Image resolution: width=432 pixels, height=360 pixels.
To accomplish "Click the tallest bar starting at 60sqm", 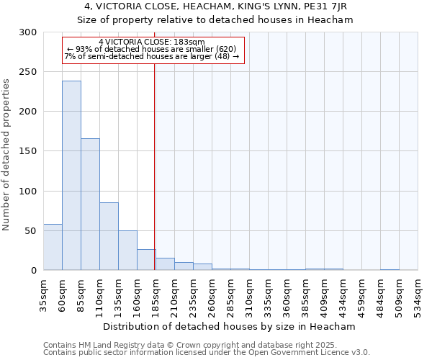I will coord(71,175).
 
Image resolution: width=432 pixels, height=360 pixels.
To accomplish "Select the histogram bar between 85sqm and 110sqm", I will coord(90,204).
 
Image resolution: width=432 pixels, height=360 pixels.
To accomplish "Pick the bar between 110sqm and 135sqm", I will coord(109,236).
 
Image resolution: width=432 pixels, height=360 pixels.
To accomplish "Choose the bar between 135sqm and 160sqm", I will coord(127,250).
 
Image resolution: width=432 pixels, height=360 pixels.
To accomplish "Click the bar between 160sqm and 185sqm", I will coord(146,259).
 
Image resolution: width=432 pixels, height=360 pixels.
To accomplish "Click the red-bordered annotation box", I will coord(153,50).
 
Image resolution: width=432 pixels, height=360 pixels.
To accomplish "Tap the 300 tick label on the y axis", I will coord(27,32).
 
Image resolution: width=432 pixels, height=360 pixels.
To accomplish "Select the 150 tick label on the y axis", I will coord(27,151).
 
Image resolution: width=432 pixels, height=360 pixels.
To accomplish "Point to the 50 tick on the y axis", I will coord(30,231).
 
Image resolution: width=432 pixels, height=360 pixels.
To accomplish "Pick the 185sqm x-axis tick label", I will coord(156,293).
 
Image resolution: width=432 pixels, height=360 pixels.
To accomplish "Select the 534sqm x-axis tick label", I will coord(418,293).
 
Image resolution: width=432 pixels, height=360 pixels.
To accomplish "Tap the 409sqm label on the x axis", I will coord(306,293).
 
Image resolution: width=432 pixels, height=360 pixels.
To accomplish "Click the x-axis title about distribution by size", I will coord(230,326).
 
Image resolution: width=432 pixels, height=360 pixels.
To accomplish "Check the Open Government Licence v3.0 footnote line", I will coord(207,353).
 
